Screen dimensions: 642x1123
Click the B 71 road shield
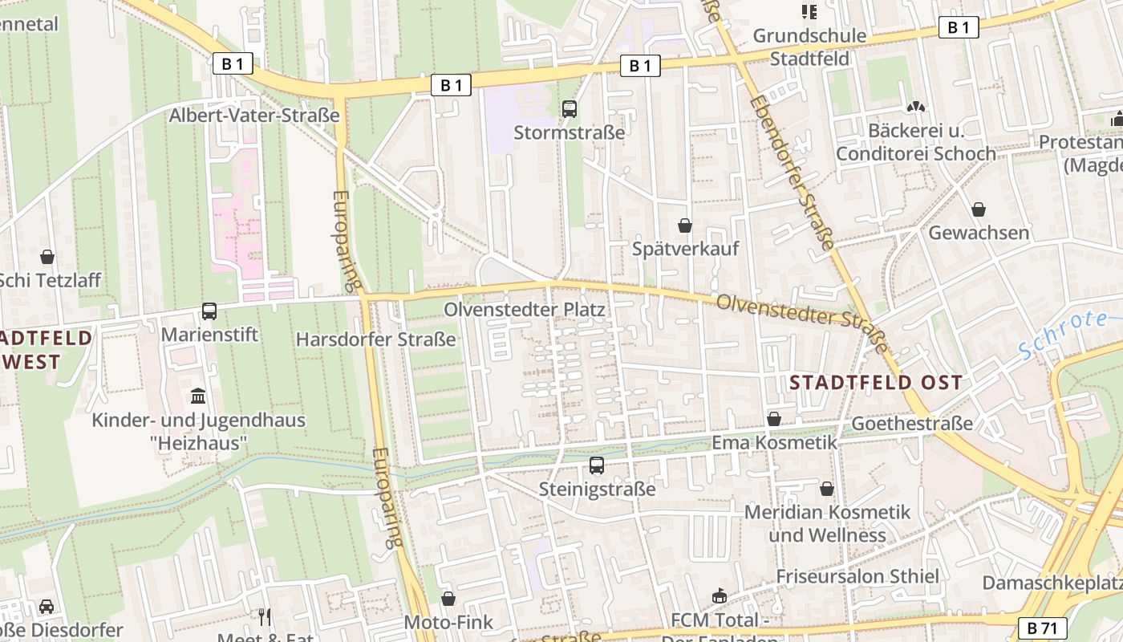(x=1043, y=628)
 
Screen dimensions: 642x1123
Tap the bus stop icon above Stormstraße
(x=570, y=109)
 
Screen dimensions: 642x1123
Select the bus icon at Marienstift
(x=209, y=311)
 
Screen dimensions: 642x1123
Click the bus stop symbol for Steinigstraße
(x=597, y=465)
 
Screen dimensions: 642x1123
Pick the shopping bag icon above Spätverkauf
(x=685, y=226)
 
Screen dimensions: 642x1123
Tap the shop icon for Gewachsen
(x=979, y=209)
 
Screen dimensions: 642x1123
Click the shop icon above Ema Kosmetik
(x=774, y=419)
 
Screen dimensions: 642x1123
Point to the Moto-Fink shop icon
(x=448, y=599)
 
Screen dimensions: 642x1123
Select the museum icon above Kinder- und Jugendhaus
(x=198, y=396)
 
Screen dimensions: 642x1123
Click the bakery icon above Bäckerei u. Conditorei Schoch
(x=915, y=106)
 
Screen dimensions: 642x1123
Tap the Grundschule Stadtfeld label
(x=810, y=47)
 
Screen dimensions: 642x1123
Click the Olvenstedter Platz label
(x=525, y=310)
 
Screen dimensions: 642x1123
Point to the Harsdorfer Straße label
(x=376, y=339)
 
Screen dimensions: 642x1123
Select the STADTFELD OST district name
(x=876, y=382)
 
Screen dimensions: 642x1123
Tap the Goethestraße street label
(x=912, y=423)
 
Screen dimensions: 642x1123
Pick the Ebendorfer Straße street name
(x=792, y=172)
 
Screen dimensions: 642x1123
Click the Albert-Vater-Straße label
(x=254, y=116)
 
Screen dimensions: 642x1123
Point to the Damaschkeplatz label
(x=1052, y=583)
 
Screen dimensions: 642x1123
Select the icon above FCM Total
(x=720, y=596)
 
